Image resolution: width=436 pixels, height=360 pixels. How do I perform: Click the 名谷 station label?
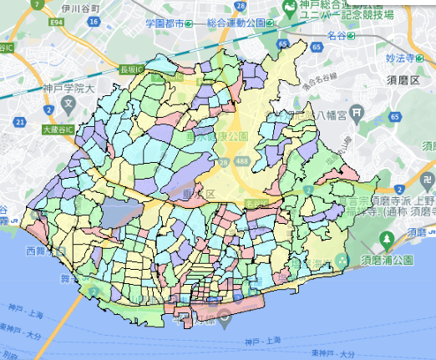click(x=338, y=37)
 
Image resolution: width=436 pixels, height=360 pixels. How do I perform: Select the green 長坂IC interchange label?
click(x=133, y=69)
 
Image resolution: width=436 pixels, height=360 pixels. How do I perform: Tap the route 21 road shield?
click(x=19, y=124)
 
